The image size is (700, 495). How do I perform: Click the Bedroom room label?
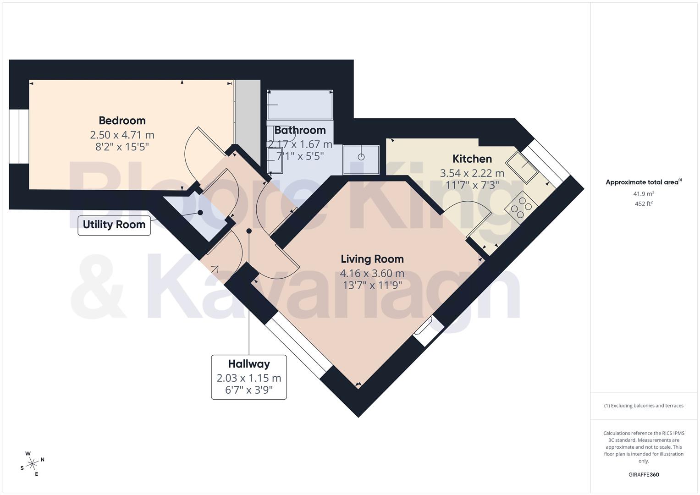(x=122, y=121)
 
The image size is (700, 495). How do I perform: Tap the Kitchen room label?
(x=472, y=159)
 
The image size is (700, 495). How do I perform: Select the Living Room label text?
(x=372, y=259)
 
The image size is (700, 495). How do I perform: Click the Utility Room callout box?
(x=114, y=225)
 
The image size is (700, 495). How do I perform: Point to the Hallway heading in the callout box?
(x=249, y=364)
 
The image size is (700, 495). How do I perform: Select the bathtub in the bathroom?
(x=300, y=105)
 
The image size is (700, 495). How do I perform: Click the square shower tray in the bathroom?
(x=361, y=159)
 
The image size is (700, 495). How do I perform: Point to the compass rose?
(x=32, y=464)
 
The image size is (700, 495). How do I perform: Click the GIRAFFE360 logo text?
(x=643, y=474)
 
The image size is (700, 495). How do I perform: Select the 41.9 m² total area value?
(x=644, y=193)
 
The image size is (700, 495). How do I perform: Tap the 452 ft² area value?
(x=644, y=203)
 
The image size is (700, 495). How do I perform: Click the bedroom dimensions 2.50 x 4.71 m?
(x=122, y=135)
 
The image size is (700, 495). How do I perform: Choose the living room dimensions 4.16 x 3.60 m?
(x=372, y=274)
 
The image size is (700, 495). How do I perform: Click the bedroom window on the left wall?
(x=19, y=136)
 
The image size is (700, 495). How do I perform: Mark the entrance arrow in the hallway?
(x=214, y=269)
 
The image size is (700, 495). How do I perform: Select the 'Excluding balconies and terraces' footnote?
(x=644, y=406)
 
